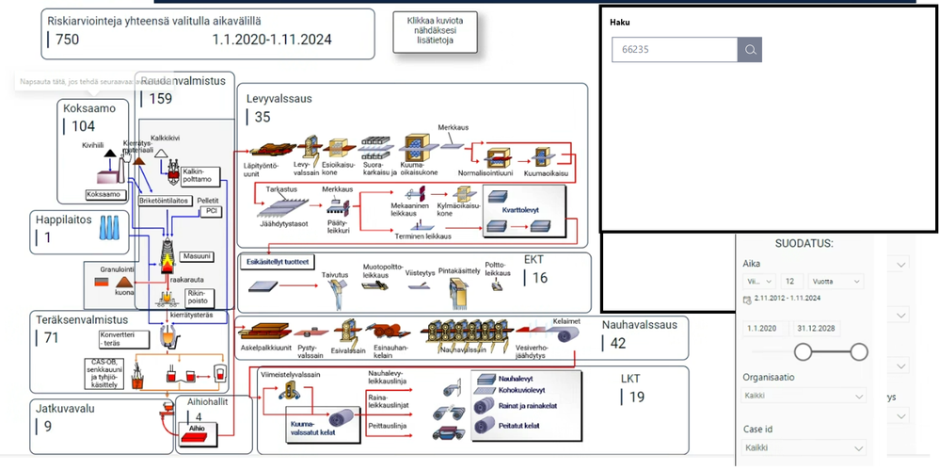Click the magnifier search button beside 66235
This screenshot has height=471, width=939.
click(750, 50)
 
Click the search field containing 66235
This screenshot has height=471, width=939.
click(674, 50)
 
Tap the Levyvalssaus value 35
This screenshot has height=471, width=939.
click(263, 117)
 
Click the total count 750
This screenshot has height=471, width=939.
click(67, 40)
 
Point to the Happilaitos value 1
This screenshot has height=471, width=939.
click(48, 237)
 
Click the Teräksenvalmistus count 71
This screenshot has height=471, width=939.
click(51, 338)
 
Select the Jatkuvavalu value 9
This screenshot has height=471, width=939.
click(48, 426)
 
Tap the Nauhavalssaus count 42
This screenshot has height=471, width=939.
click(618, 343)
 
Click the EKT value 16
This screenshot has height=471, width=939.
click(539, 278)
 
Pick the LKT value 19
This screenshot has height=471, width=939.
click(637, 397)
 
